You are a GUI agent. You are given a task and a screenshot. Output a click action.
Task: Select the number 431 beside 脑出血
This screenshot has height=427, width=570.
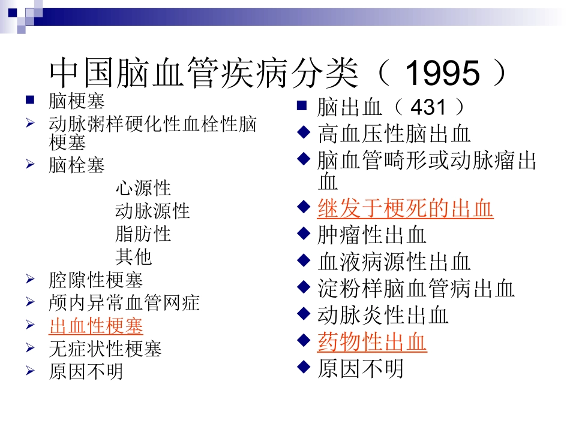tap(428, 108)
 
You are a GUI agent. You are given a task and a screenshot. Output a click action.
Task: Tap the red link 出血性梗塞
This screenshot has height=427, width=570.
tap(96, 326)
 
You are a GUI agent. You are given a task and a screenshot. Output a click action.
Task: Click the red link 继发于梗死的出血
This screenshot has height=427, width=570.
tap(405, 209)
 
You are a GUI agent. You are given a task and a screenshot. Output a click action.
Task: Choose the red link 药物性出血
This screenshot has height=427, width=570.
tap(372, 342)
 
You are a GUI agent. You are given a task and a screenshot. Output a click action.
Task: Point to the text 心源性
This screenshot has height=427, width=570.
tap(143, 188)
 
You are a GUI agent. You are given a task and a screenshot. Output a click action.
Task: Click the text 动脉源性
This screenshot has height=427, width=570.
tap(152, 211)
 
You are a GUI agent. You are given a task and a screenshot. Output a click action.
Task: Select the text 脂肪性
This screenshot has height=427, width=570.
tap(143, 234)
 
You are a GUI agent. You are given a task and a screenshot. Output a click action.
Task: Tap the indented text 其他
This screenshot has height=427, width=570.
tap(133, 256)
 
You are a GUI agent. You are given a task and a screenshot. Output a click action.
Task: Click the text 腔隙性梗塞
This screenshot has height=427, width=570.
tap(96, 280)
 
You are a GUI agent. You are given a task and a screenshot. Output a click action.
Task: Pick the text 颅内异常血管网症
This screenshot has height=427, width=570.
tap(124, 303)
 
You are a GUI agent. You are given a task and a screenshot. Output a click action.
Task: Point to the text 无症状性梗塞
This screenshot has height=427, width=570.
tap(105, 349)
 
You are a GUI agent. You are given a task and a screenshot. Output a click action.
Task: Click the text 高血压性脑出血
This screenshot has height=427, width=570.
tap(394, 134)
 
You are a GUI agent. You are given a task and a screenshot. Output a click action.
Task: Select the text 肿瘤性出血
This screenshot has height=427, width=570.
tap(372, 235)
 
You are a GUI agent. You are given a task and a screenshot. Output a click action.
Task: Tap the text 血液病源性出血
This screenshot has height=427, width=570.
tap(394, 262)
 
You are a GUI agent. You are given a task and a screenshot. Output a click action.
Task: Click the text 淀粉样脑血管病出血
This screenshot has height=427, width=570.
tap(416, 289)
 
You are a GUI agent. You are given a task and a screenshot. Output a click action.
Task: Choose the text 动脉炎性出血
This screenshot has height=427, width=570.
tap(383, 315)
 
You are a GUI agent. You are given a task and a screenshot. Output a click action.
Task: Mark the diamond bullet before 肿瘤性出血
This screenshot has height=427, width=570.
tap(304, 234)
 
